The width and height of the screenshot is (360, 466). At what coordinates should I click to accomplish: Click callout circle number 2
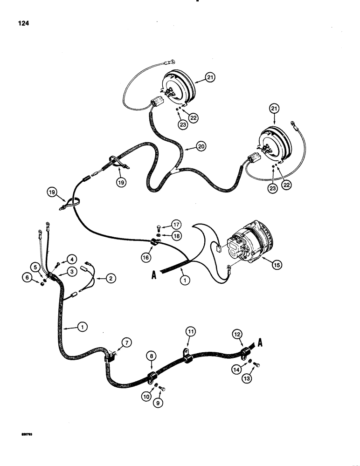[110, 279]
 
